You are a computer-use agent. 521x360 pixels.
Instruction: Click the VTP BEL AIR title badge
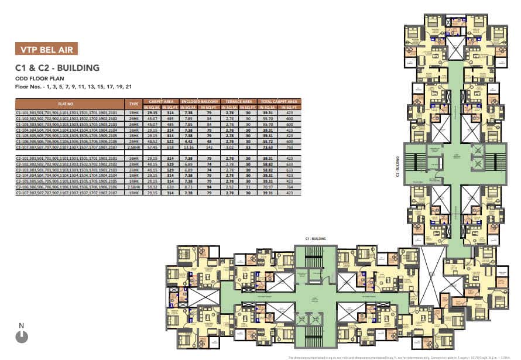46,49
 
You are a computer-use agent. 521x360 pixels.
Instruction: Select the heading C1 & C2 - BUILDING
57,68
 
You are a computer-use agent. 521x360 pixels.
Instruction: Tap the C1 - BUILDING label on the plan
314,239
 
